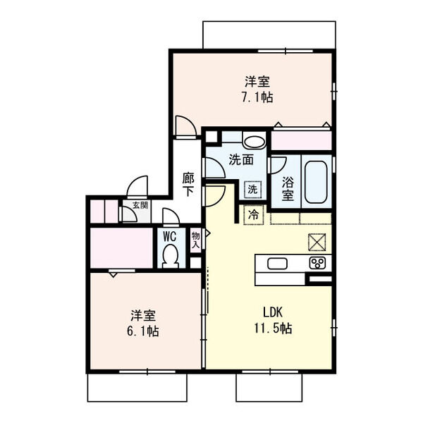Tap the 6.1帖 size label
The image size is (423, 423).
[143, 330]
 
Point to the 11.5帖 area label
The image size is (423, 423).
[274, 329]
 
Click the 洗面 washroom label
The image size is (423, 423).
[240, 160]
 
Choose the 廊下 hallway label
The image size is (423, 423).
[188, 185]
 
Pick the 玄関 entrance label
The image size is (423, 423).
[140, 206]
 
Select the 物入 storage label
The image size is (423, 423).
[195, 240]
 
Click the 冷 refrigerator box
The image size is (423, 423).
[252, 214]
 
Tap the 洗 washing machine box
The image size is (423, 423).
[252, 189]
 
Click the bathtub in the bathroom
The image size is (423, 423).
[316, 180]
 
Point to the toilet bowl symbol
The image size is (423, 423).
[169, 255]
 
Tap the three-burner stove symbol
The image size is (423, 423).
[317, 264]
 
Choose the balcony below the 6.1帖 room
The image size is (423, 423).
[137, 388]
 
